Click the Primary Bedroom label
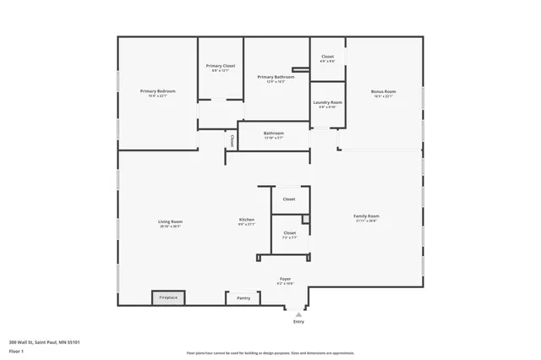coord(158,90)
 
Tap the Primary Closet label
coord(221,65)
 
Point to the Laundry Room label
coord(327,102)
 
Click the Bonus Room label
coord(384,90)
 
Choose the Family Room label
coord(366,215)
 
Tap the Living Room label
coord(170,221)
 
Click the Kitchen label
coord(246,219)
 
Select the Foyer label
coord(286,278)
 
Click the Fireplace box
coord(168,297)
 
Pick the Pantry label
coord(243,297)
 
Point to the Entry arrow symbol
coord(298,314)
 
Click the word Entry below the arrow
coord(298,322)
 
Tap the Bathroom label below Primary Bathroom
coord(273,133)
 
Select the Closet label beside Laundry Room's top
coord(327,57)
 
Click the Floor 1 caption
coord(16,351)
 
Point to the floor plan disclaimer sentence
coord(270,353)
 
